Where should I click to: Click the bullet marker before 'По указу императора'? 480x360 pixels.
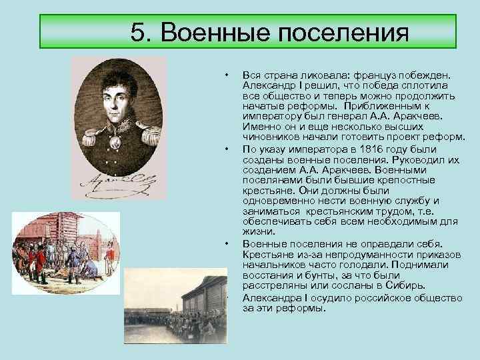[227, 149]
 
